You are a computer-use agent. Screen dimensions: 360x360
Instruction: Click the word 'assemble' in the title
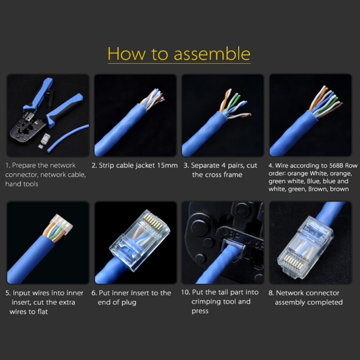pyautogui.click(x=212, y=54)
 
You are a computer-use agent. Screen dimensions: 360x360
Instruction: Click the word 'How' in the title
pyautogui.click(x=126, y=54)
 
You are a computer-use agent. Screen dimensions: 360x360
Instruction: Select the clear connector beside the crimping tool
pyautogui.click(x=46, y=139)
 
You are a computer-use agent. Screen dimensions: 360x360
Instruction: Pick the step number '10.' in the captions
pyautogui.click(x=185, y=292)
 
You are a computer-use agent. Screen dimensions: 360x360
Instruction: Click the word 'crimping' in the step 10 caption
pyautogui.click(x=206, y=301)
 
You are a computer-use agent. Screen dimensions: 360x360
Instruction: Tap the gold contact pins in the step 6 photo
pyautogui.click(x=153, y=221)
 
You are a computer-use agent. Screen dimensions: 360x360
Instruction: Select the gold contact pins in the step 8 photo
pyautogui.click(x=294, y=262)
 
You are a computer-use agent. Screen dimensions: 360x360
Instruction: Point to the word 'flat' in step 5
pyautogui.click(x=42, y=311)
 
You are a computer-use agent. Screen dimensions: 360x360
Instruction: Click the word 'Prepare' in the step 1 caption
pyautogui.click(x=24, y=165)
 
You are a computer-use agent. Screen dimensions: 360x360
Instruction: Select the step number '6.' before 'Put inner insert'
pyautogui.click(x=94, y=293)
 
